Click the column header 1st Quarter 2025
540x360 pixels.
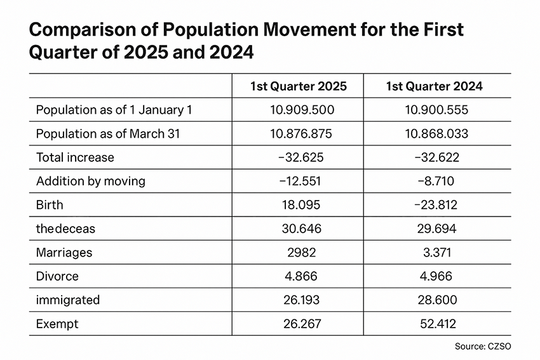[298, 86]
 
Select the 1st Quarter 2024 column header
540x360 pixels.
[435, 86]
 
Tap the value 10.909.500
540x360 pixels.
[302, 110]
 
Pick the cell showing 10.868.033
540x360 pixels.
[436, 133]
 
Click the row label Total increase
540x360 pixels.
[75, 157]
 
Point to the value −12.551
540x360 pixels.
[300, 181]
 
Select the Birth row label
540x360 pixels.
[50, 205]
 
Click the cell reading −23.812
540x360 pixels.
[436, 205]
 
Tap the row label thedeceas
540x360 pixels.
[65, 229]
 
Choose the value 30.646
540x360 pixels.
[302, 229]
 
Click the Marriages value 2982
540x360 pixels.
[302, 253]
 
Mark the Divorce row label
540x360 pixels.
[57, 276]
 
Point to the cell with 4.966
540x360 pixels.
[436, 276]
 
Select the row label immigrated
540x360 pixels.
[68, 300]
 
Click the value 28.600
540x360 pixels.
[437, 300]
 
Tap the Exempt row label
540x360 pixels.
[57, 324]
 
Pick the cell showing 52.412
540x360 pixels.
[438, 324]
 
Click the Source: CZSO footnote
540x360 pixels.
[483, 346]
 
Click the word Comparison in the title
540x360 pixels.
[83, 30]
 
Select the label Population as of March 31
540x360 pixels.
[108, 133]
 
